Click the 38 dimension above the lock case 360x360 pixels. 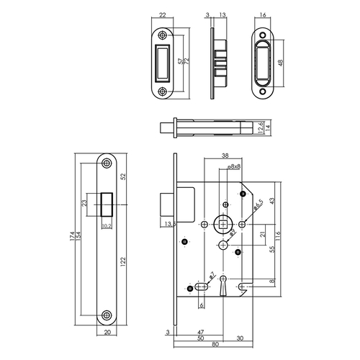225,156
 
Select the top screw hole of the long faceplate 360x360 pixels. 107,164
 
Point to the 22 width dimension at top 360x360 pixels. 162,15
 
